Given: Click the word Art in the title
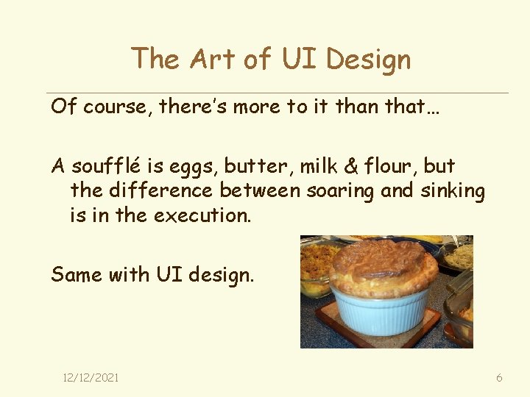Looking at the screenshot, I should (215, 59).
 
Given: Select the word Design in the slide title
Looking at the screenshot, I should (368, 59).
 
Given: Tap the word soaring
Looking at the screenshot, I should (341, 192).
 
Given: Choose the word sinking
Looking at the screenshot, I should (452, 192).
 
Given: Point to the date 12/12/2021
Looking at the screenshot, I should (91, 378).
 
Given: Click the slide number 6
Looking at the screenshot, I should (499, 378).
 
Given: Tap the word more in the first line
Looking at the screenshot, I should (257, 107).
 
